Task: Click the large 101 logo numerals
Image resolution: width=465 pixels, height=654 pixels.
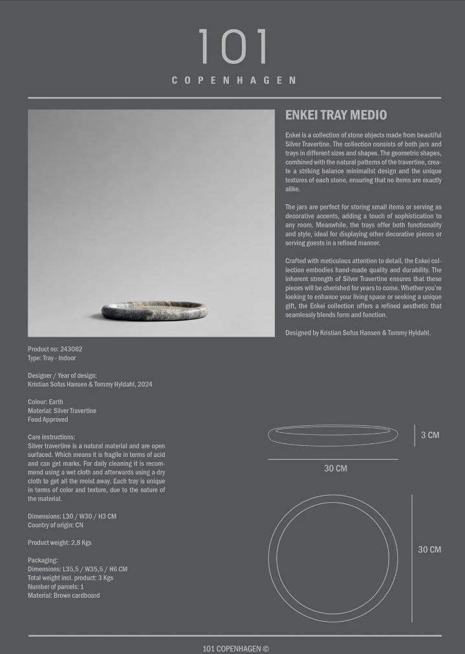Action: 233,47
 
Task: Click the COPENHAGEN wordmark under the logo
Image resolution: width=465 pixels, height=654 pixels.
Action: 233,81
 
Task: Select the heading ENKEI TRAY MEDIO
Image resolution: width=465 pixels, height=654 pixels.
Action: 336,115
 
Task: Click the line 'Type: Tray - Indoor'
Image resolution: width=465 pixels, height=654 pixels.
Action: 52,358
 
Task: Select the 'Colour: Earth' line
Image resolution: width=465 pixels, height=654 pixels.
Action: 45,402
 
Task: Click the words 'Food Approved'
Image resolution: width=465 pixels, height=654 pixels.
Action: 48,419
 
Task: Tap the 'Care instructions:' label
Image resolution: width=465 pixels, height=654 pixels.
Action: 51,437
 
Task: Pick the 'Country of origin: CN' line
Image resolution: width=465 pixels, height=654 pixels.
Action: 56,525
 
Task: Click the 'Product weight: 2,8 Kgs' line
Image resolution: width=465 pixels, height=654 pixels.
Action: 59,543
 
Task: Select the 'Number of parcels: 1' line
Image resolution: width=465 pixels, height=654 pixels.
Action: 56,587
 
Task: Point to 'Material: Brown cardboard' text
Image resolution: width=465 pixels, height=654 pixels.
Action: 63,596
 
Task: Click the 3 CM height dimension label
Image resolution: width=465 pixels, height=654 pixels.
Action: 430,435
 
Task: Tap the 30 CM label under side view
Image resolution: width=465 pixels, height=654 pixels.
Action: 335,469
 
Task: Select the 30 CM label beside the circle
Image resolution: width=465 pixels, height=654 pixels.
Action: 429,549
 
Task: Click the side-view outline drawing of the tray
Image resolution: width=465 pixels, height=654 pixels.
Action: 333,435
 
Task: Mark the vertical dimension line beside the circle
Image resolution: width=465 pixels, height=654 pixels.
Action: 412,558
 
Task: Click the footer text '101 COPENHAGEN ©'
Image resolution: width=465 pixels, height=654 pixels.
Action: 235,648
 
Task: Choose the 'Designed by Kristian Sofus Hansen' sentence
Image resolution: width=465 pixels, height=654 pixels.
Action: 358,333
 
